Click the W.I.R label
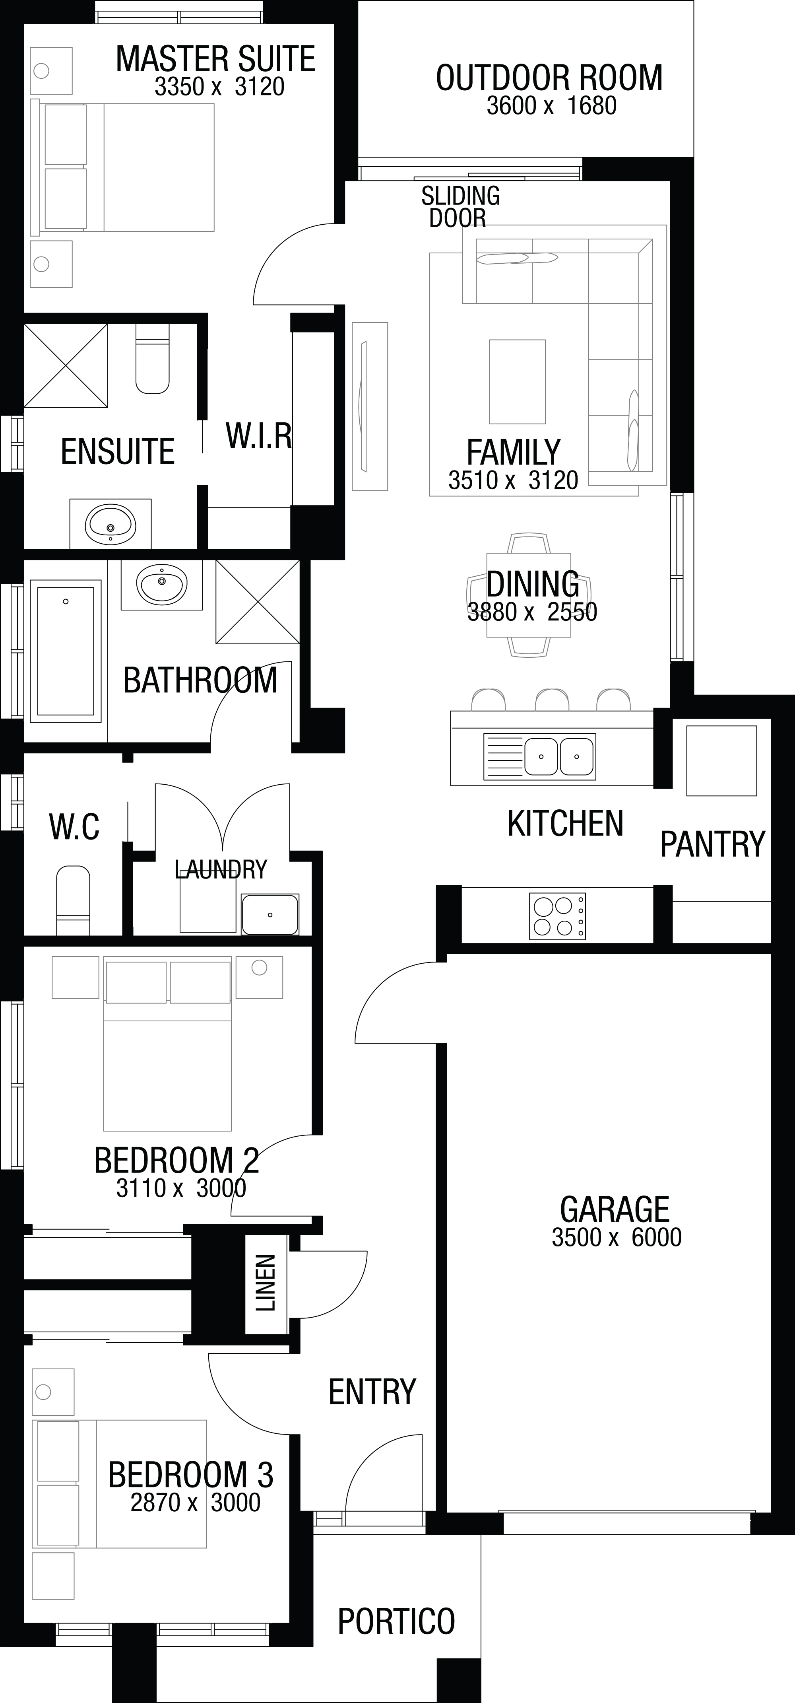[258, 435]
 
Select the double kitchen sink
[558, 755]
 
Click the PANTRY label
[712, 844]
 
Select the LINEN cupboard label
[266, 1283]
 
